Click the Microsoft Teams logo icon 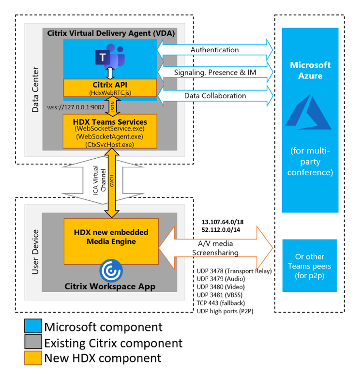pyautogui.click(x=110, y=56)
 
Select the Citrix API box pyautogui.click(x=110, y=88)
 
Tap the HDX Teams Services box pyautogui.click(x=110, y=131)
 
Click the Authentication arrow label pyautogui.click(x=214, y=50)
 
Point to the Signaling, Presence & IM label pyautogui.click(x=215, y=73)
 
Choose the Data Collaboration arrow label pyautogui.click(x=215, y=96)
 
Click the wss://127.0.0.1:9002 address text pyautogui.click(x=76, y=107)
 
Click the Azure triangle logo pyautogui.click(x=309, y=112)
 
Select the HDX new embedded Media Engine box pyautogui.click(x=111, y=241)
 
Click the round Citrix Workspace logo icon pyautogui.click(x=111, y=271)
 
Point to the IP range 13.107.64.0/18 pyautogui.click(x=223, y=222)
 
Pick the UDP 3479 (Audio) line pyautogui.click(x=221, y=279)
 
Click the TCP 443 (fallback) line pyautogui.click(x=221, y=303)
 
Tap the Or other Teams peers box pyautogui.click(x=310, y=266)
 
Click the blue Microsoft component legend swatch pyautogui.click(x=33, y=326)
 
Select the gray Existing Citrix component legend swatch pyautogui.click(x=33, y=342)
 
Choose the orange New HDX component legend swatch pyautogui.click(x=33, y=358)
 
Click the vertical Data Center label pyautogui.click(x=35, y=90)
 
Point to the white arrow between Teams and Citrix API pyautogui.click(x=110, y=73)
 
